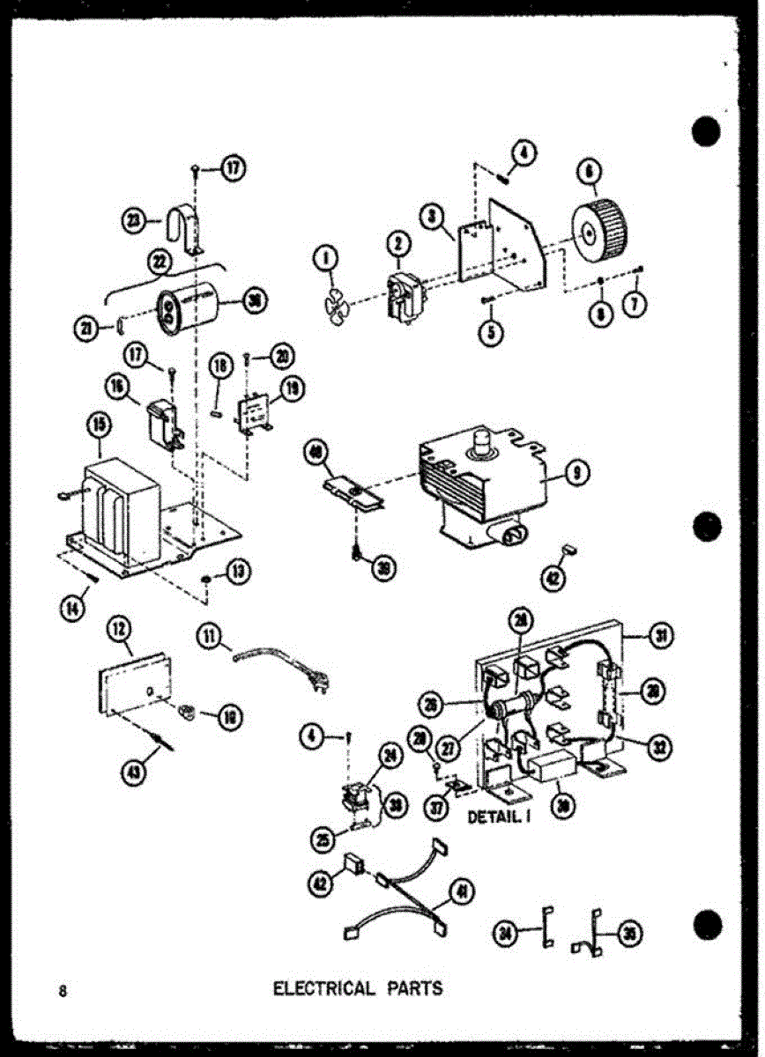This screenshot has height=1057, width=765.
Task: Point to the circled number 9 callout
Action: click(x=577, y=474)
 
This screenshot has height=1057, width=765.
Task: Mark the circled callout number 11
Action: click(x=209, y=634)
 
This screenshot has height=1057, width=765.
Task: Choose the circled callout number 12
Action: click(x=119, y=629)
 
